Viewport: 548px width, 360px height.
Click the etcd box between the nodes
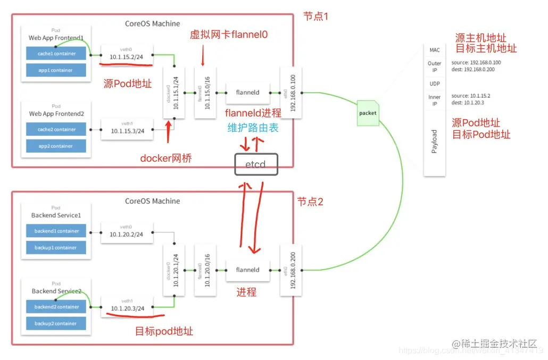[x=258, y=165]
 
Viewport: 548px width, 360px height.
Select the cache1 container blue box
[x=56, y=54]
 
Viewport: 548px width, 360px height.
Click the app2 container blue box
[x=56, y=146]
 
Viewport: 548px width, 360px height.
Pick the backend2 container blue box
[x=56, y=307]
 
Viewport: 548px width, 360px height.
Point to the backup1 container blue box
[x=56, y=248]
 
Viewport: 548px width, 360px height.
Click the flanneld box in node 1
[x=247, y=93]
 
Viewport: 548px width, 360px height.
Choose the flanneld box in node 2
[x=247, y=270]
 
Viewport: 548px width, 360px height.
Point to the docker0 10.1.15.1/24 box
[x=173, y=93]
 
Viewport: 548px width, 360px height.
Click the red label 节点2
[x=310, y=202]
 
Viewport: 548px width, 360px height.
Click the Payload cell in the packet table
[x=434, y=141]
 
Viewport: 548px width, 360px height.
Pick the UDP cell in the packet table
[x=434, y=84]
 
